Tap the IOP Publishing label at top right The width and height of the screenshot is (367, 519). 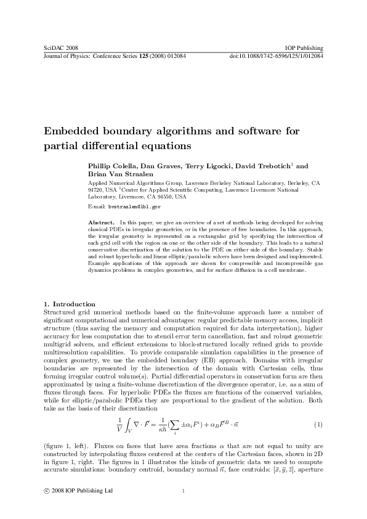[305, 47]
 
